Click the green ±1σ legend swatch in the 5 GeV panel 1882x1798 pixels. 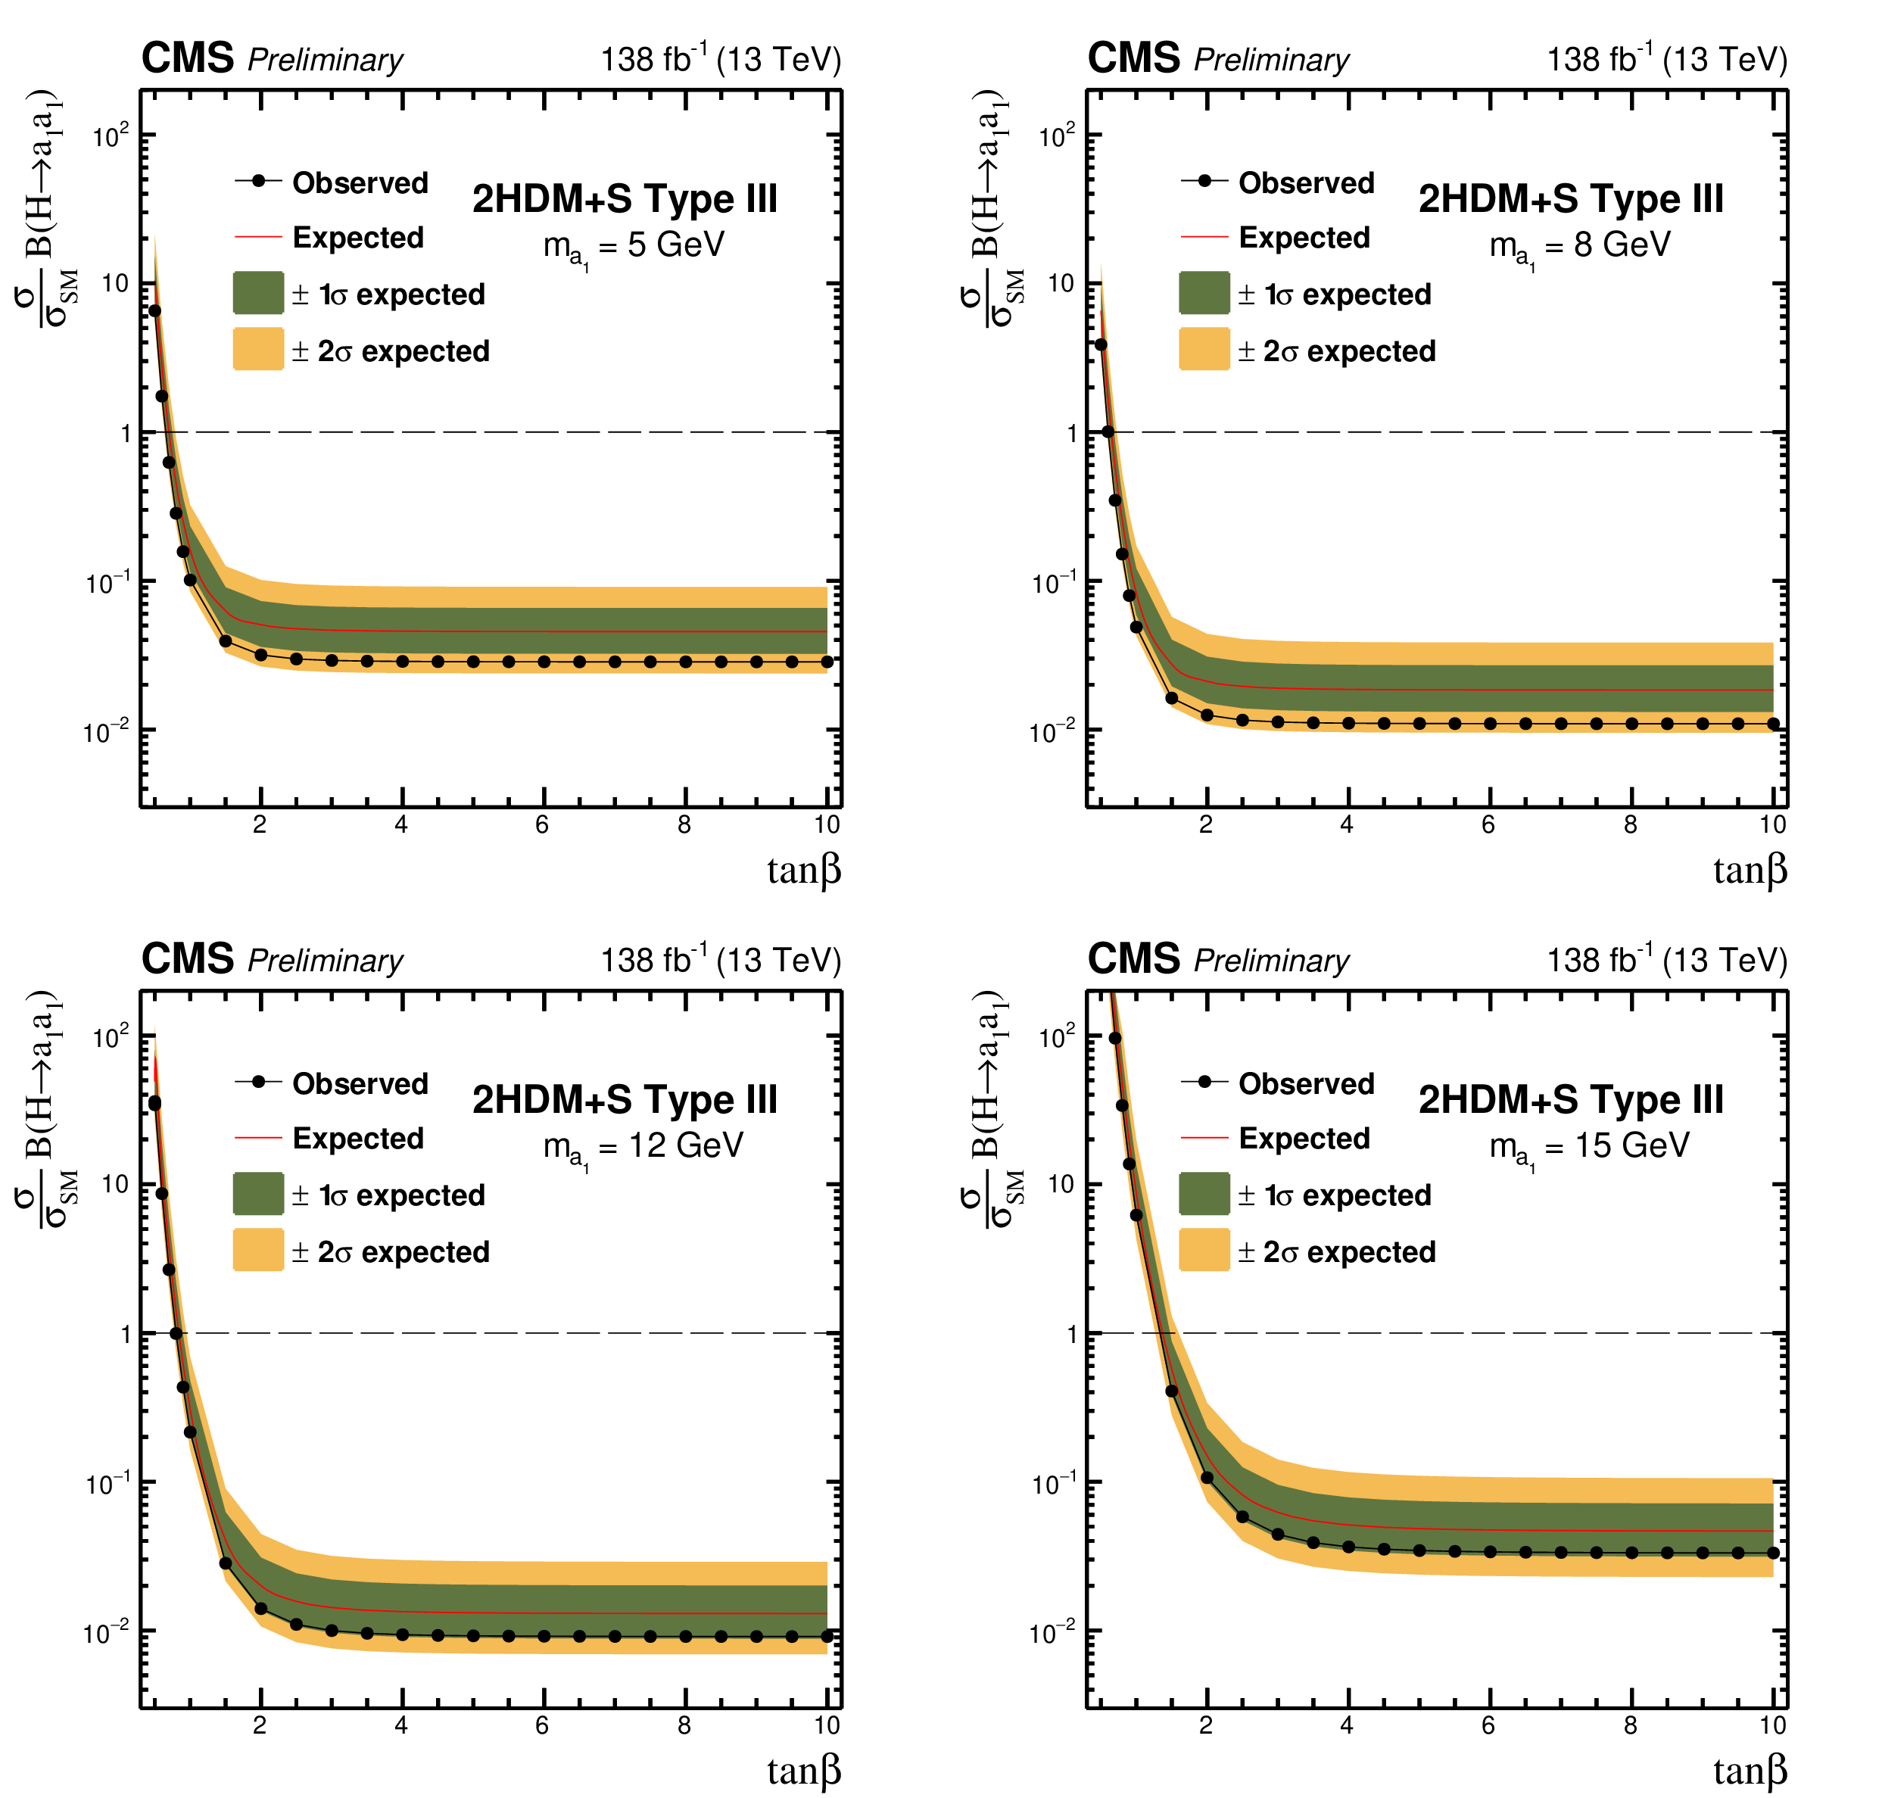point(257,292)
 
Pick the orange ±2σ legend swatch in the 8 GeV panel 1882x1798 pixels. point(1204,349)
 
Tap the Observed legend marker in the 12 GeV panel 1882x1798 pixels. point(257,1082)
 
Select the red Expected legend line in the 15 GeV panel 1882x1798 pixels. point(1204,1138)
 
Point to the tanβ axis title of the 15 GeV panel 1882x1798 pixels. point(1749,1770)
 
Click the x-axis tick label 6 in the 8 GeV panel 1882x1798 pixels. point(1488,824)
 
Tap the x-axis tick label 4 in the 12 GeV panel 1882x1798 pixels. point(400,1725)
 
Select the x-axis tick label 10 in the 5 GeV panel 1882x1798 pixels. point(826,824)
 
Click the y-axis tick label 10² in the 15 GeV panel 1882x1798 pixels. point(1057,1036)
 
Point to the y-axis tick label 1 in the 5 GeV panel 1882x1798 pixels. point(126,433)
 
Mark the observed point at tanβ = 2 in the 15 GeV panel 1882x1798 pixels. point(1207,1477)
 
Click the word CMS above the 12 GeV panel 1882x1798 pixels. point(187,958)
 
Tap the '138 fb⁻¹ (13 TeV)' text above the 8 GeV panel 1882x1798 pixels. point(1666,59)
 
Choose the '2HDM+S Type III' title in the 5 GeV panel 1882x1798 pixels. point(625,199)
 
